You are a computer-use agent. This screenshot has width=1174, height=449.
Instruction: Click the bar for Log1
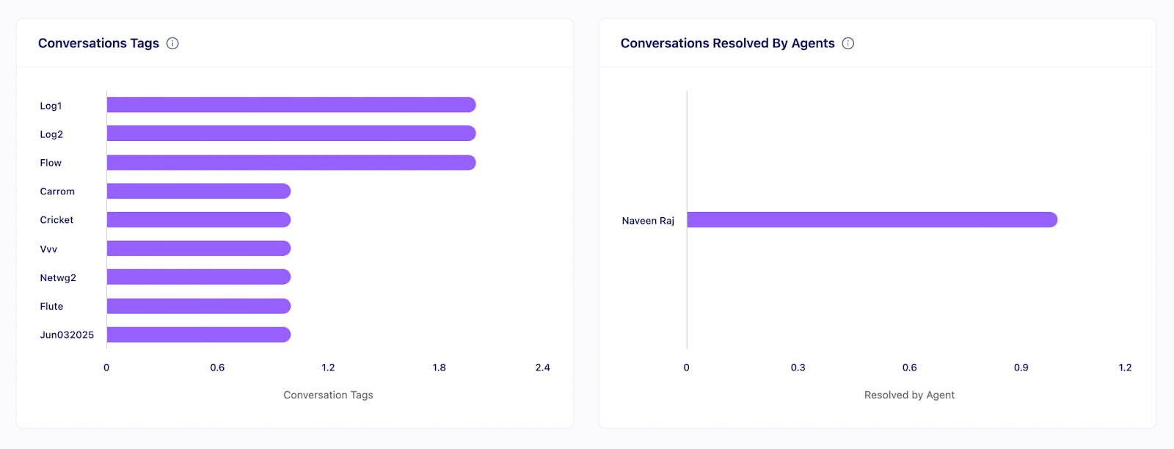click(x=291, y=105)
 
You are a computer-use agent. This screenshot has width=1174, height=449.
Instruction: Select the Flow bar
click(x=291, y=162)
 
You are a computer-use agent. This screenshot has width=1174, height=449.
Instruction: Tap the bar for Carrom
click(x=199, y=191)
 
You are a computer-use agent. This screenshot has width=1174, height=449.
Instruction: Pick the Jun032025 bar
click(x=199, y=335)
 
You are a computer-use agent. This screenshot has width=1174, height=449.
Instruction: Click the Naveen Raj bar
click(x=872, y=220)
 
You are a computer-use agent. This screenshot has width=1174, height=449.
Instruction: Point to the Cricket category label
click(x=56, y=220)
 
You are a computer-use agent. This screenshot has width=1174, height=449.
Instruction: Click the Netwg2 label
click(x=58, y=278)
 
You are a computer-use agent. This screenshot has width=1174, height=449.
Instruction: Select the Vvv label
click(x=48, y=249)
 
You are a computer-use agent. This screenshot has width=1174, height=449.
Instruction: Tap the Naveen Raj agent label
click(x=648, y=221)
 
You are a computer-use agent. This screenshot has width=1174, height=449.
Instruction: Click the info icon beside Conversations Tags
click(x=172, y=43)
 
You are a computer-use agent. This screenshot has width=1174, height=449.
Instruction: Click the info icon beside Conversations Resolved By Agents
click(x=848, y=43)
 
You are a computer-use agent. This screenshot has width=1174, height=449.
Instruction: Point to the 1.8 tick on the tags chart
click(x=439, y=368)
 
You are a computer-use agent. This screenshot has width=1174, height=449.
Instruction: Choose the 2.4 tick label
click(x=542, y=368)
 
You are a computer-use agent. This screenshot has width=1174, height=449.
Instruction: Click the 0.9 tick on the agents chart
click(x=1021, y=368)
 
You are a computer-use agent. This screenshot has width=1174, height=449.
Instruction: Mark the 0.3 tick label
click(x=798, y=368)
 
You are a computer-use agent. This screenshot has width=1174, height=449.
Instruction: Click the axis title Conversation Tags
click(x=328, y=395)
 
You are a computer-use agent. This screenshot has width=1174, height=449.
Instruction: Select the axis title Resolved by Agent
click(x=909, y=395)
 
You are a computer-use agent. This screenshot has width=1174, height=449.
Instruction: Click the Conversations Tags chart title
click(x=98, y=43)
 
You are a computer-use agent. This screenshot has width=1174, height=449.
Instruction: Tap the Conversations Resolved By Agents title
click(x=727, y=43)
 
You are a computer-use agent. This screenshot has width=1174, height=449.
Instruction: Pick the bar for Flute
click(x=199, y=306)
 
